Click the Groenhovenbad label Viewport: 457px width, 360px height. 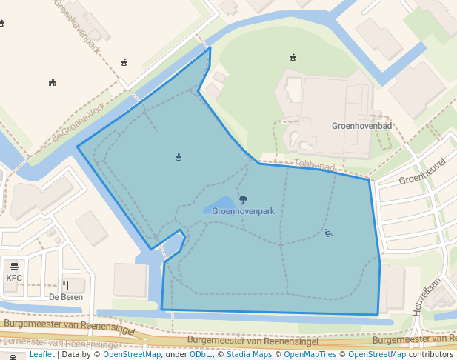(361, 127)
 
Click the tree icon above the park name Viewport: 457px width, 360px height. (243, 199)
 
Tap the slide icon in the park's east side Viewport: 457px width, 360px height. (328, 233)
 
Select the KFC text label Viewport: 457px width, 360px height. (14, 279)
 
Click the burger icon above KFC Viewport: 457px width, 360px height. (14, 266)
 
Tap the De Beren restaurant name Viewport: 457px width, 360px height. (65, 297)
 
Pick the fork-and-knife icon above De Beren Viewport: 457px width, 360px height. (65, 284)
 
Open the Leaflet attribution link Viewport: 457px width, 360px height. (42, 355)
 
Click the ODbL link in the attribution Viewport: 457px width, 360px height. (200, 355)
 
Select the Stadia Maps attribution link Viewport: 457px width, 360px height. (249, 355)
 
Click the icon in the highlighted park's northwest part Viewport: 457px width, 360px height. (179, 157)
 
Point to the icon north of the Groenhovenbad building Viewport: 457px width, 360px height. (293, 57)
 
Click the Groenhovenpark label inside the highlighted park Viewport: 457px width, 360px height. (243, 211)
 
